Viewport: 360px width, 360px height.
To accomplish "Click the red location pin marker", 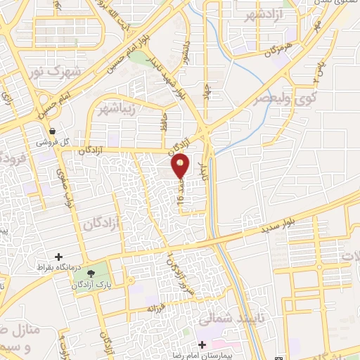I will [181, 165].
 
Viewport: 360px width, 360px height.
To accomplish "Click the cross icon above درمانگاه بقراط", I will [58, 257].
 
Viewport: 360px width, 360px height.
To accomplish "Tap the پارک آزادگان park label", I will [105, 283].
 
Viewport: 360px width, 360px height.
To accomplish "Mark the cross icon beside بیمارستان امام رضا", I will [202, 345].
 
